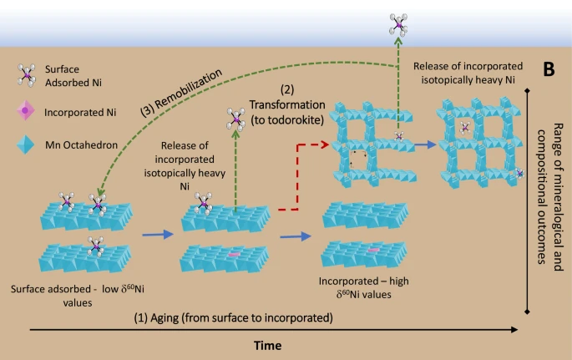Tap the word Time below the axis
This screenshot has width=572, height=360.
[x=269, y=344]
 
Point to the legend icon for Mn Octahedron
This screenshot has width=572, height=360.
[x=27, y=145]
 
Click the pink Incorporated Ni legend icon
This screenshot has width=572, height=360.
[x=27, y=110]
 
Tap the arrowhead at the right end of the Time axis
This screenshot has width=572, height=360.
[x=516, y=332]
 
